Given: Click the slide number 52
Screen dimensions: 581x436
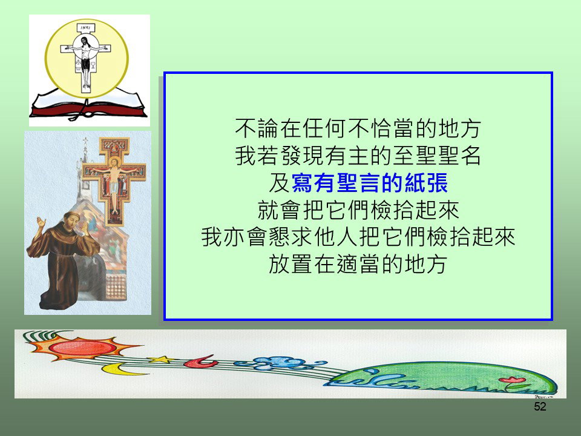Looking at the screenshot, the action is [540, 406].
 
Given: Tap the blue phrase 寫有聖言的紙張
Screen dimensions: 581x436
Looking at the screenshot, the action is [370, 183].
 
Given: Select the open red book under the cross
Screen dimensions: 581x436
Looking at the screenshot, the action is [88, 105].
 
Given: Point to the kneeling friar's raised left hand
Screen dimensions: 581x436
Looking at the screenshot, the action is [41, 222].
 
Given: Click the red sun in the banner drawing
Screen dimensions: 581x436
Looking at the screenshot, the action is [82, 348].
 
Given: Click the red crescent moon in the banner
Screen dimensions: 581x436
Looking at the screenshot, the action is [201, 362].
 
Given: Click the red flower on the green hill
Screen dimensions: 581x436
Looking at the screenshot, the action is [512, 380].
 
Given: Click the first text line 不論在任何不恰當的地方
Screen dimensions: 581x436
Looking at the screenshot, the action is [358, 128].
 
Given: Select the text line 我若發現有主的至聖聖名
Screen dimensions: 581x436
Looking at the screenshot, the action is [358, 156].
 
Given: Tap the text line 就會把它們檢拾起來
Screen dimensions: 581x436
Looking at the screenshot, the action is [358, 210].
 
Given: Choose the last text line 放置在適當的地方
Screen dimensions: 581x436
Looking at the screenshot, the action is [358, 264].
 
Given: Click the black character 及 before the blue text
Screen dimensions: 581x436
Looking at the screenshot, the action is [280, 183].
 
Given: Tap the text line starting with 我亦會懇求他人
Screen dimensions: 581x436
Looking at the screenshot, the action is [358, 237].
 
